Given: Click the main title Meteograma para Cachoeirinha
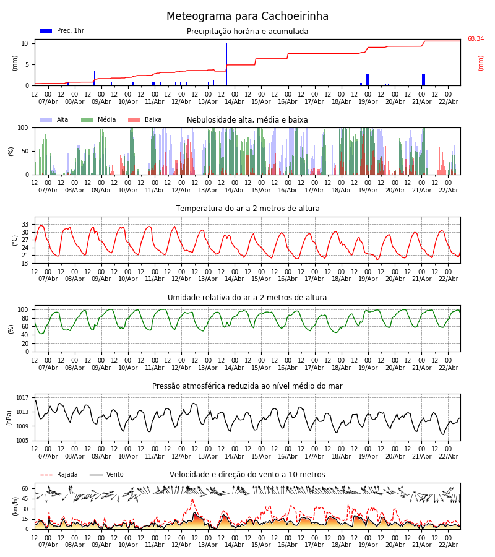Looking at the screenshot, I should point(247,17).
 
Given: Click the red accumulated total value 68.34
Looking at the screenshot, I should point(475,39).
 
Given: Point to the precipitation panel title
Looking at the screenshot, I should point(247,32).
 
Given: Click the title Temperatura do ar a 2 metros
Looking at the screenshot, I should point(247,209).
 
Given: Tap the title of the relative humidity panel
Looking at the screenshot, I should point(247,298).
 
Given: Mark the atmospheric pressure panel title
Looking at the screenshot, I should point(247,386).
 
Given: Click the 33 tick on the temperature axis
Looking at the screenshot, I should point(25,224).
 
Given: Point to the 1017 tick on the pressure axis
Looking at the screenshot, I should point(22,398).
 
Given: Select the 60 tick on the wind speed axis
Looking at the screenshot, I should point(25,489).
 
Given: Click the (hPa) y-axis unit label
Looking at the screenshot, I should point(10,417).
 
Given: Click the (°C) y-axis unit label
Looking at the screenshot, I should point(15,240).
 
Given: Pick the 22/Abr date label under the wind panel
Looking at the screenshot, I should point(448,545).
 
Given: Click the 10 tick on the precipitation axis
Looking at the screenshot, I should point(25,43).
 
